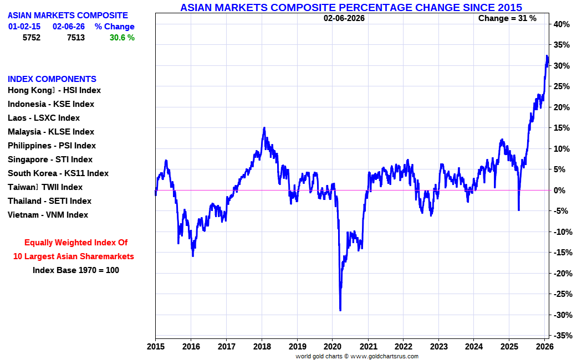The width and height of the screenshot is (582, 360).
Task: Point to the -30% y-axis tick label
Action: [561, 315]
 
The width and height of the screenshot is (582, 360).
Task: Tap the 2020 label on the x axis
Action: [333, 347]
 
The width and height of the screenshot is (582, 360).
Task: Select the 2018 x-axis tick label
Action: [262, 347]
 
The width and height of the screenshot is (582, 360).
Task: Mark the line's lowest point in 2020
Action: [340, 310]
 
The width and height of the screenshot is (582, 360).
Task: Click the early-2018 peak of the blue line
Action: [264, 127]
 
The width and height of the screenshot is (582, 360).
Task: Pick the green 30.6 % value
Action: [122, 38]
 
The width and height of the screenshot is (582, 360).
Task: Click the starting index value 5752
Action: [32, 38]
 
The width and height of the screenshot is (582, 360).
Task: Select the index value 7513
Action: [76, 38]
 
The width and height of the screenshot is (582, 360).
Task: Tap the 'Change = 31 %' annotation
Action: [507, 18]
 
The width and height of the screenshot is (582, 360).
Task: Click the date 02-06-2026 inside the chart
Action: [344, 18]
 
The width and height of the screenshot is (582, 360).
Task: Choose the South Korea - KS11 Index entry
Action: [58, 173]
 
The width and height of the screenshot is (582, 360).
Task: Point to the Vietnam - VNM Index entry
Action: [48, 215]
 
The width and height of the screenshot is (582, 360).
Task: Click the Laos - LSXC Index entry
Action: [44, 118]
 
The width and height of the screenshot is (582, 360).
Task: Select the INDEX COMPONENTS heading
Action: [52, 79]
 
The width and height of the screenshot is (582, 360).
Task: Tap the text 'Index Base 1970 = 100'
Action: [76, 270]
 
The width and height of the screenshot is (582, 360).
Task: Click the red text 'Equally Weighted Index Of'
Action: [76, 243]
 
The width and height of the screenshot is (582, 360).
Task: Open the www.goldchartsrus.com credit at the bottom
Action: [384, 357]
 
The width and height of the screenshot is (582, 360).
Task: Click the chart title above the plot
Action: [351, 7]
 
